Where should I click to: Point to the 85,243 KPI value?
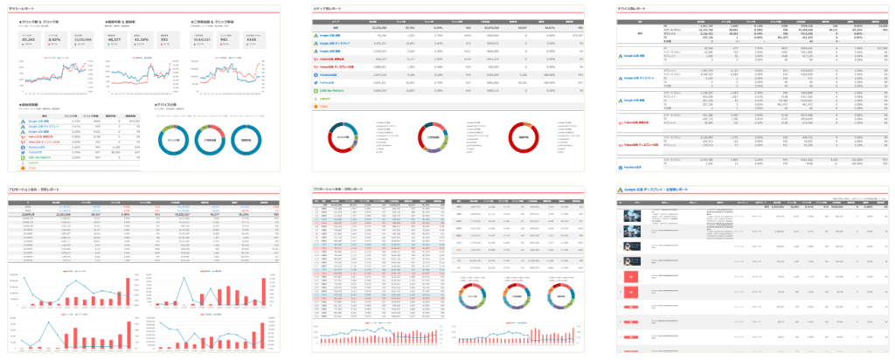[x=27, y=39]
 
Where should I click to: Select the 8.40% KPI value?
[x=54, y=39]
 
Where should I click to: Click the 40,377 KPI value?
[x=114, y=39]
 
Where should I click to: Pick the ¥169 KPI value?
[x=251, y=39]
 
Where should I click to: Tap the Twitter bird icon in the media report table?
[x=316, y=83]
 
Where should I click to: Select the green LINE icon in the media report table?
[x=316, y=90]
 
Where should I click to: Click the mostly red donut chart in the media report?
[x=523, y=137]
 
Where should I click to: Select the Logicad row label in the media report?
[x=326, y=98]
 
